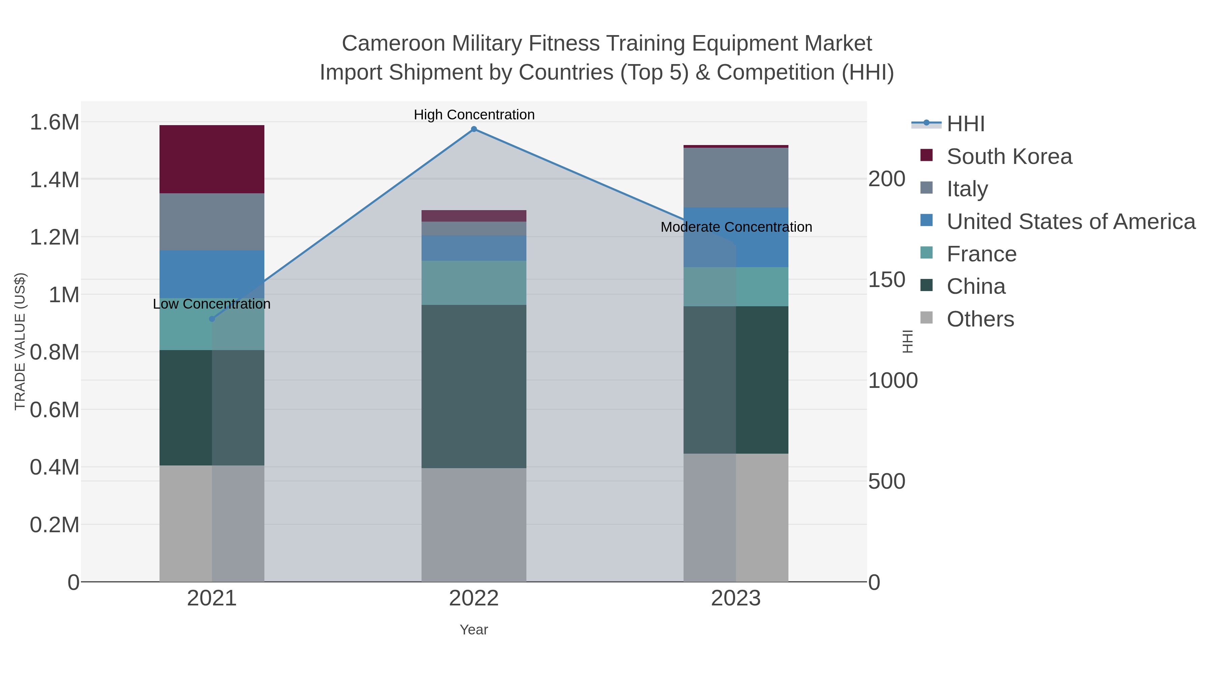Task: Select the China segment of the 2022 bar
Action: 474,386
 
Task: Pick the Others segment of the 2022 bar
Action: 474,524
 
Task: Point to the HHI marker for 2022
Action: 474,129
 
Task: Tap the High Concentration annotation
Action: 474,115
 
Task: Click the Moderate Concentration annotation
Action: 736,227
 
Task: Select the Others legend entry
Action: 980,319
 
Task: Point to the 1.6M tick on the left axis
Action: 54,122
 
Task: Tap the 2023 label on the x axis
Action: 736,599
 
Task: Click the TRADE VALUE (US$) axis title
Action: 20,341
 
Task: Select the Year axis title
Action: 474,630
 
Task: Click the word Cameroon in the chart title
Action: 393,44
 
